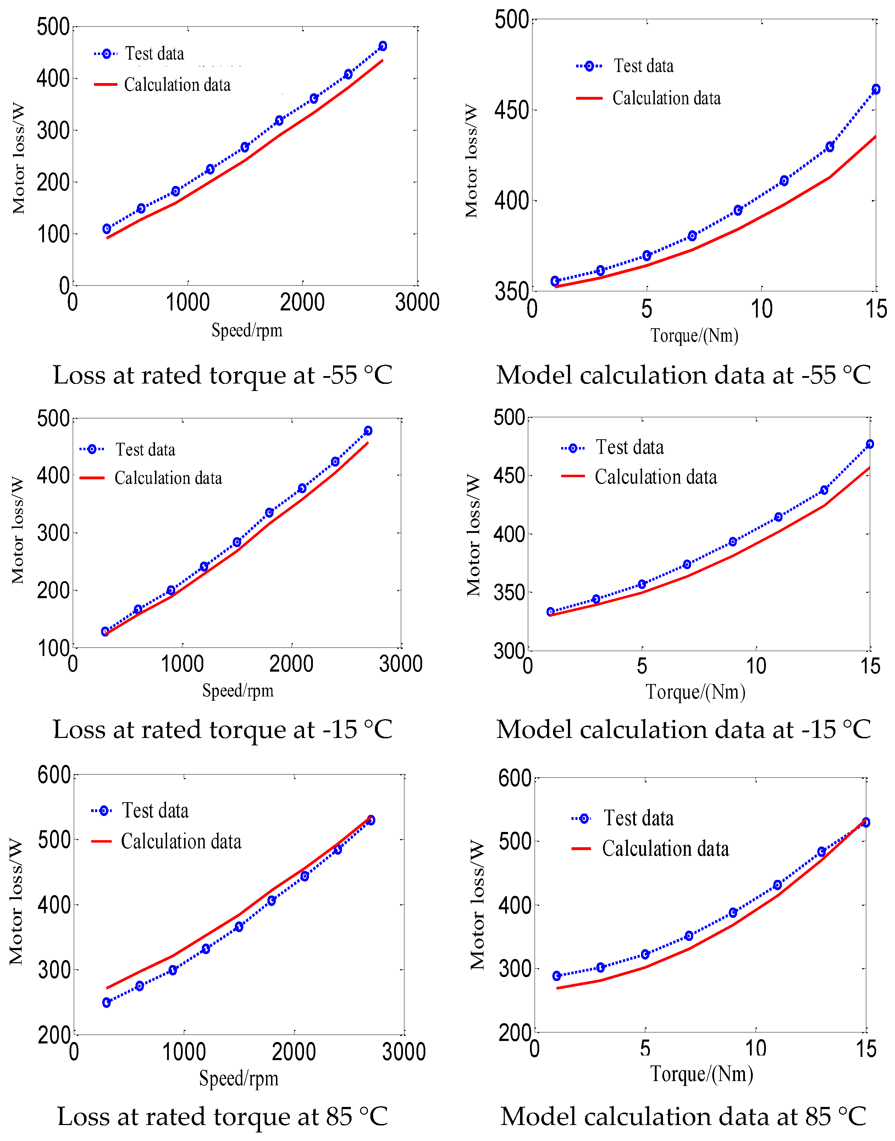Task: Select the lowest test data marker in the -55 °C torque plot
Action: [x=555, y=281]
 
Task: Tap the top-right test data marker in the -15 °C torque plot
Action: [x=869, y=444]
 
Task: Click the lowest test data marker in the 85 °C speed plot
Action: [x=106, y=1002]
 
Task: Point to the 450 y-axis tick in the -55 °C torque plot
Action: [x=511, y=110]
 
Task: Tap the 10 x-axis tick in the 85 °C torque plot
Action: [x=756, y=1048]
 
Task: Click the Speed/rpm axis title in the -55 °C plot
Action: [x=247, y=330]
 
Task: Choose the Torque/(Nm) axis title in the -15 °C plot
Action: [x=695, y=692]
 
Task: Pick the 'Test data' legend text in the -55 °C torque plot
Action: [x=643, y=66]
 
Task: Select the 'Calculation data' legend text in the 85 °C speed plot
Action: [x=181, y=841]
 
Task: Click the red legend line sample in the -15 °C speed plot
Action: [x=92, y=478]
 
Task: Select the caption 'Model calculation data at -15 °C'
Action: [x=683, y=729]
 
